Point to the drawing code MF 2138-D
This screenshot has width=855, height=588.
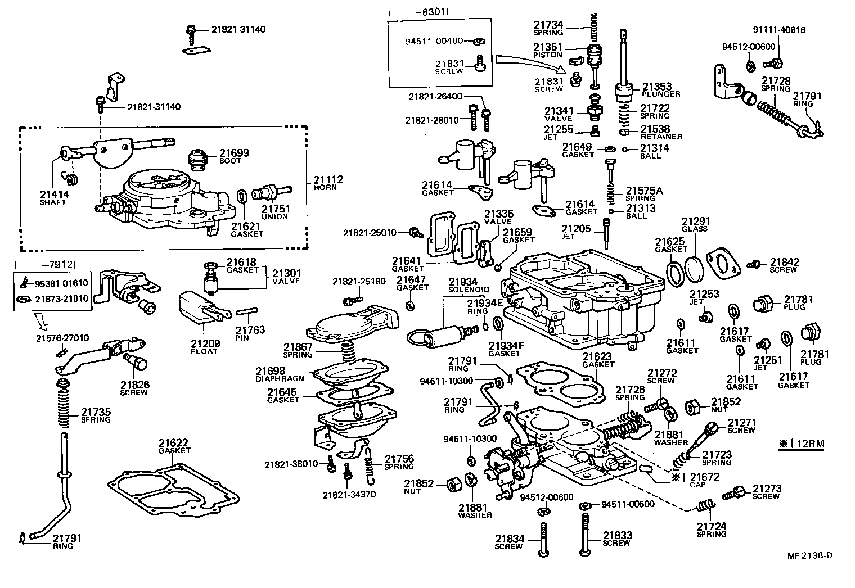click(809, 555)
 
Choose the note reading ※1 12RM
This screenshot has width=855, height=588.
click(802, 444)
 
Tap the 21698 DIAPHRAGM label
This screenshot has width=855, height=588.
click(278, 374)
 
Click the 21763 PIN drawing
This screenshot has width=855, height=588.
click(246, 311)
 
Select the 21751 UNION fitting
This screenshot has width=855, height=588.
click(272, 192)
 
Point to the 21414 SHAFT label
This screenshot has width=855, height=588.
click(53, 198)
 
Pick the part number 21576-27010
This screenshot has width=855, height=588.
click(62, 338)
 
